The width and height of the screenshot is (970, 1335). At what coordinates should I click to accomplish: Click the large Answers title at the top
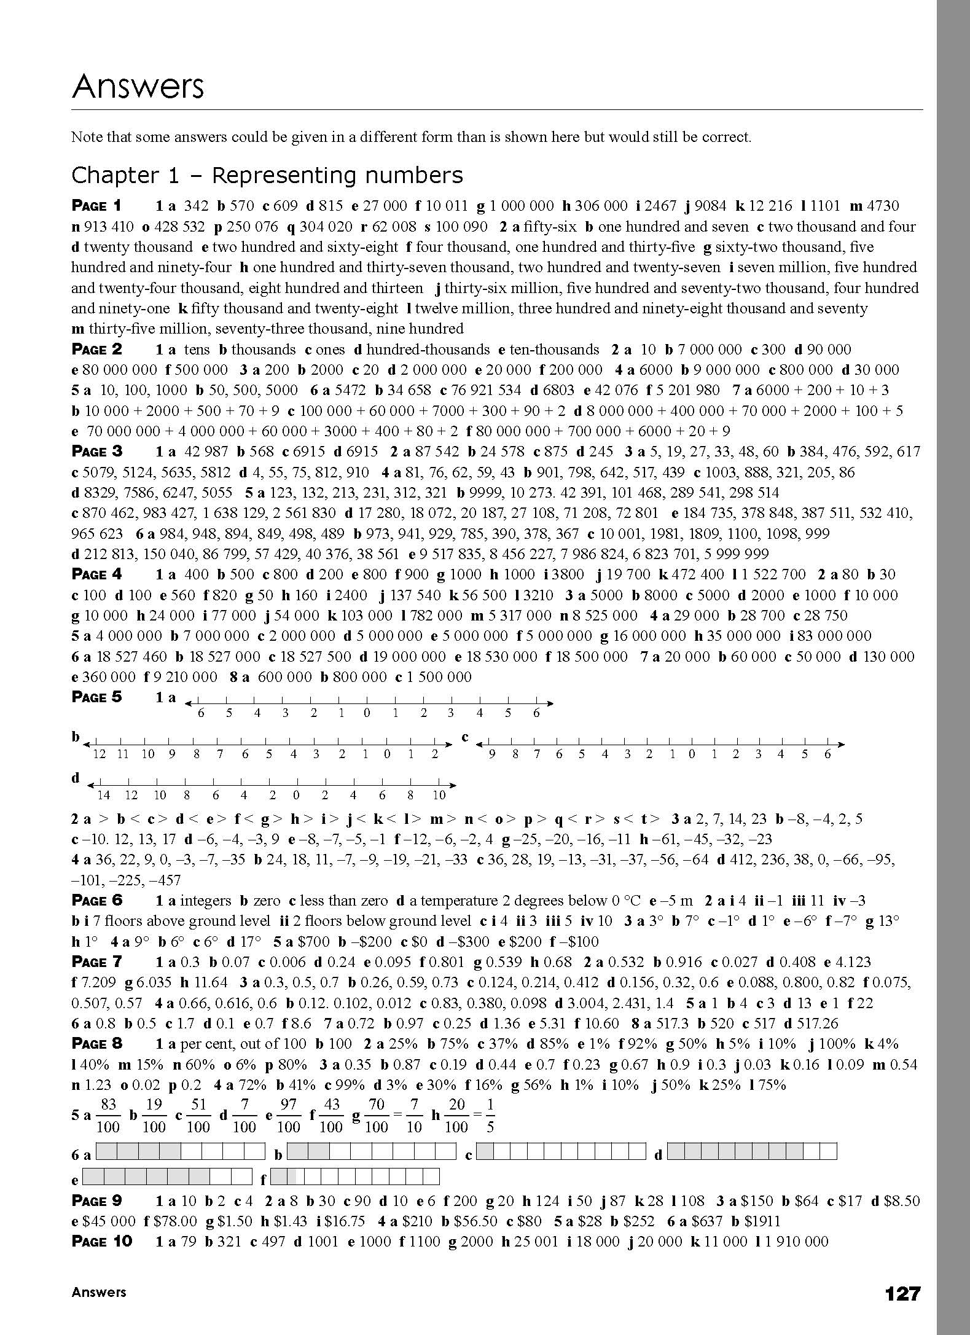click(x=138, y=87)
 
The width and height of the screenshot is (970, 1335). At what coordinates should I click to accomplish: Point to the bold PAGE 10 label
click(x=101, y=1242)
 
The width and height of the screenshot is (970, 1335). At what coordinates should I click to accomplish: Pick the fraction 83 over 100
click(x=108, y=1116)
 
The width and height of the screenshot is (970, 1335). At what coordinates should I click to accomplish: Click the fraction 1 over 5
click(x=490, y=1116)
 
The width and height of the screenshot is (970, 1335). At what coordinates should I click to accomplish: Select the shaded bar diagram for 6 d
click(x=752, y=1151)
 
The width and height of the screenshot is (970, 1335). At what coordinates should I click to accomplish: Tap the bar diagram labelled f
click(x=354, y=1176)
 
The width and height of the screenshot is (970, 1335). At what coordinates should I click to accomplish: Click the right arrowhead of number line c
click(x=842, y=745)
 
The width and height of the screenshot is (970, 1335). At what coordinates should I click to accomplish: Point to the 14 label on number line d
click(x=103, y=795)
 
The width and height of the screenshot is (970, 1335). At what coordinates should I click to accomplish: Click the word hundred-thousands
click(x=428, y=350)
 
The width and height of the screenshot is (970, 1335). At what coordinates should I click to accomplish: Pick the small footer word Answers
click(x=98, y=1292)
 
